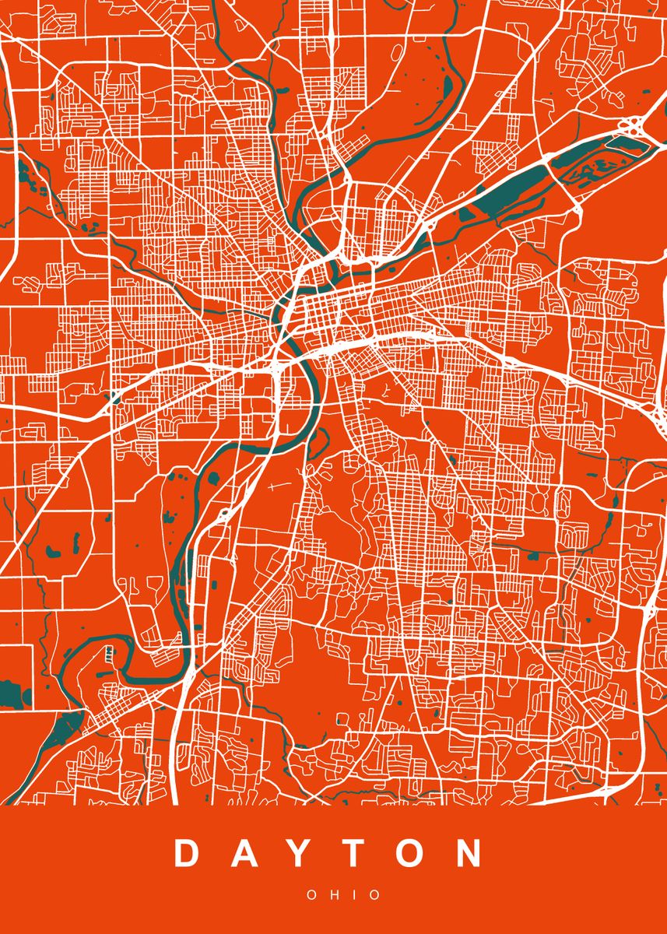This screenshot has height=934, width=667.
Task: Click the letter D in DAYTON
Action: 187,853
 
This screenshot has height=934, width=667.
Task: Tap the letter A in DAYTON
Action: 246,853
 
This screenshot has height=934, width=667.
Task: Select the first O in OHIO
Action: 311,895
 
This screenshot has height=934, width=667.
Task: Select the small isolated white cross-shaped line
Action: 274,487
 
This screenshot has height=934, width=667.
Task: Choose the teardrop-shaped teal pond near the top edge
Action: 448,86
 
